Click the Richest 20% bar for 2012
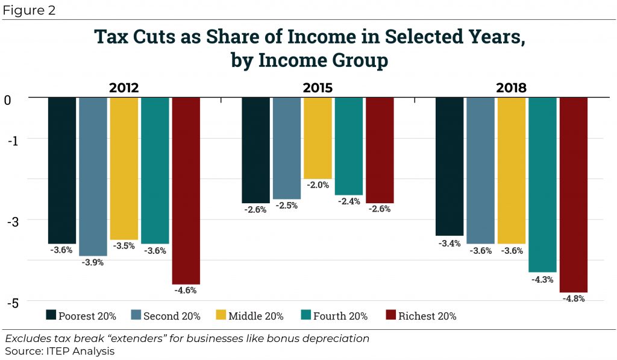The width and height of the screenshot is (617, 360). (186, 191)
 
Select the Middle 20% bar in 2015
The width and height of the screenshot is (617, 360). (318, 138)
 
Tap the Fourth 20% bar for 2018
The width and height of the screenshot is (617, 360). (542, 185)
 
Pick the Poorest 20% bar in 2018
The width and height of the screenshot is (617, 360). (449, 166)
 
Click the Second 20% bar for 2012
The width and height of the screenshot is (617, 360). (93, 176)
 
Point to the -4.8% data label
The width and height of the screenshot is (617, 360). (573, 299)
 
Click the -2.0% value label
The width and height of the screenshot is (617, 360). (318, 185)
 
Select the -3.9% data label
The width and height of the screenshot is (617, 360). (93, 262)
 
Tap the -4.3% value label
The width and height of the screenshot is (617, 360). (542, 279)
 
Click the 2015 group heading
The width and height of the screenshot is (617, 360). (318, 88)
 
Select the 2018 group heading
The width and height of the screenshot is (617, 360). (511, 88)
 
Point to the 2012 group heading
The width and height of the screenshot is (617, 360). (124, 88)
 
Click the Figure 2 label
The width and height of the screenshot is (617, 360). (30, 11)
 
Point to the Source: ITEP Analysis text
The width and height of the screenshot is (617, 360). (60, 350)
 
